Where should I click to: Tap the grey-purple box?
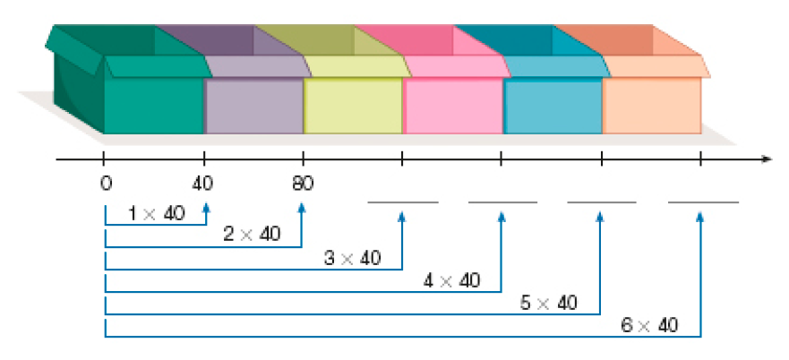tap(254, 106)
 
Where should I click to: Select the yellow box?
tap(353, 106)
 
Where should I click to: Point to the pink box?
tap(452, 106)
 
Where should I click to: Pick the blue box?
tap(553, 106)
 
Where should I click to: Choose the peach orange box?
tap(652, 106)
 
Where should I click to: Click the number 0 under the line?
tap(106, 185)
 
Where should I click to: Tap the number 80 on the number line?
tap(303, 185)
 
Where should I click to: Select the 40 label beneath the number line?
tap(205, 185)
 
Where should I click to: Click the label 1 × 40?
tap(157, 214)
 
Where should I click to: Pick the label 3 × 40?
tap(352, 259)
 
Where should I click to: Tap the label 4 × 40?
tap(451, 280)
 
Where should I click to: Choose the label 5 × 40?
tap(549, 303)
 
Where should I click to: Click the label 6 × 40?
tap(649, 325)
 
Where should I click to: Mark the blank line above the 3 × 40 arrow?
tap(403, 203)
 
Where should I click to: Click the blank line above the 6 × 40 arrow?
tap(703, 203)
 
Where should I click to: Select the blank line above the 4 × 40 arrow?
tap(502, 203)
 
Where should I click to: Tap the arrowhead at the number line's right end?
tap(766, 160)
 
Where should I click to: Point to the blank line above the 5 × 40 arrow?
tap(602, 203)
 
